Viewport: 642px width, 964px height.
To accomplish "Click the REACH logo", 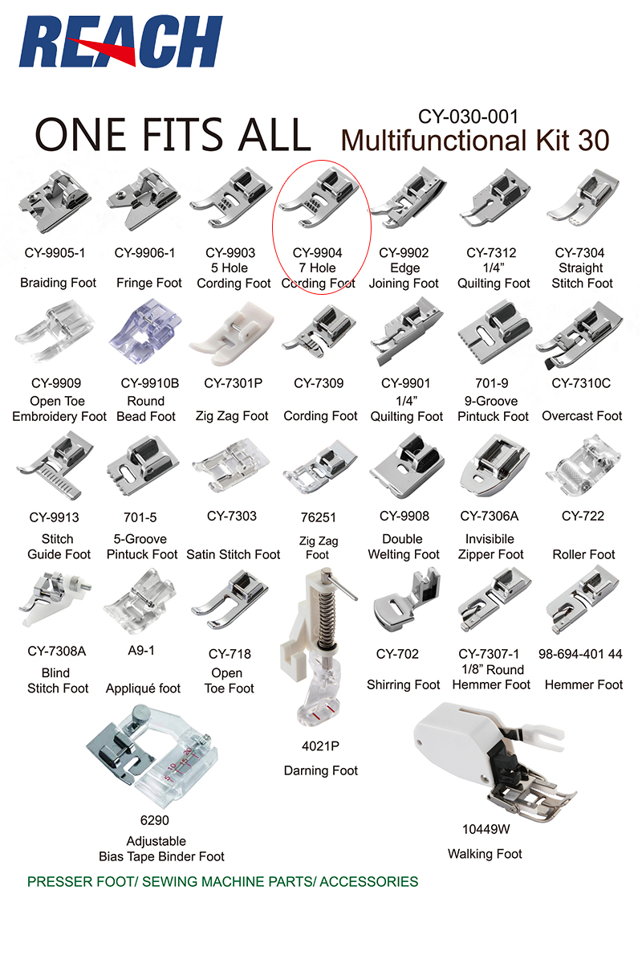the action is click(120, 42).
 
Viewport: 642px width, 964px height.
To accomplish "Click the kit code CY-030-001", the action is click(468, 116).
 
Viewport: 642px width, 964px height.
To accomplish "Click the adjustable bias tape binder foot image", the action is click(152, 755).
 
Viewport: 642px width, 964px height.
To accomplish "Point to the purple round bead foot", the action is click(145, 334).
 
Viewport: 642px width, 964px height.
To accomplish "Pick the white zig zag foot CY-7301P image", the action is click(231, 334).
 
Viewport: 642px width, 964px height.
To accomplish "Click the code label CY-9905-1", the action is click(55, 252).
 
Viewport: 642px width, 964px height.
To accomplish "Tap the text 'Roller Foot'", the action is click(583, 554).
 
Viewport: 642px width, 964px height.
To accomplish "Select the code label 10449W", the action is click(486, 829).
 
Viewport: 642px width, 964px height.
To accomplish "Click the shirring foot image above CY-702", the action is click(407, 599).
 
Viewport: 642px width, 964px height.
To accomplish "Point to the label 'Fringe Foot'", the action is click(148, 283).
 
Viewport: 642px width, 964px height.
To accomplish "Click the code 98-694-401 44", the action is click(580, 654).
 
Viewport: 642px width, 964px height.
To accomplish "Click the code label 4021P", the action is click(320, 745).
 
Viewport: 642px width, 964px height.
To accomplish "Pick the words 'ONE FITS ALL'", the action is click(173, 134).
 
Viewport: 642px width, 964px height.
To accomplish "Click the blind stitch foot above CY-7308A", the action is click(55, 599).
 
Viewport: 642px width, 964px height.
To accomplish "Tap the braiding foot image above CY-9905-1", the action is click(55, 201).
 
